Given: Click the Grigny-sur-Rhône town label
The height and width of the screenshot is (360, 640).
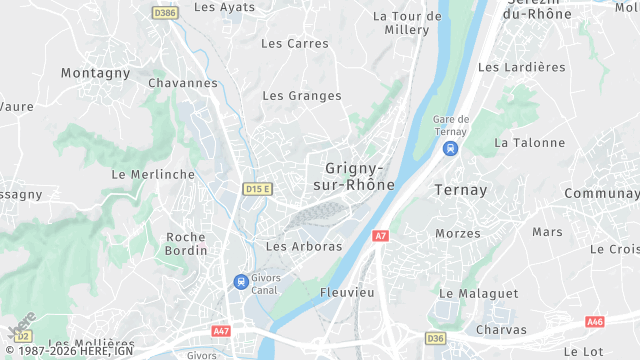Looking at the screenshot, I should pos(360,177).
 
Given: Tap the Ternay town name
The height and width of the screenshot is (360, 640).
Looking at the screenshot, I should pos(461,189).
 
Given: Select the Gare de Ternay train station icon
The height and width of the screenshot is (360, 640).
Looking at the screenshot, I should pos(451,148).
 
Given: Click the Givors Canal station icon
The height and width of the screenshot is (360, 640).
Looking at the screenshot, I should pos(240,282).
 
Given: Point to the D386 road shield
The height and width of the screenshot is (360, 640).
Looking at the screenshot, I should pos(165,13).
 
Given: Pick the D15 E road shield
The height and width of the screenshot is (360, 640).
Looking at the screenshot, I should pos(258,188).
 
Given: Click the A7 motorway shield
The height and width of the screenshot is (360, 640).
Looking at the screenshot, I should pos(380,236).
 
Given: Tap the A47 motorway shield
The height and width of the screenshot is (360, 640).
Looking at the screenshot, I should pos(221,330).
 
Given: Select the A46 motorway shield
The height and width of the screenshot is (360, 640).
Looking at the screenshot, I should pos(595,321).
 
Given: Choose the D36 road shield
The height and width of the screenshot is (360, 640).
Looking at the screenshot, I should pos(436,338).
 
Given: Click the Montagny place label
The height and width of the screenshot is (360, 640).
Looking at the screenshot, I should pos(96,73).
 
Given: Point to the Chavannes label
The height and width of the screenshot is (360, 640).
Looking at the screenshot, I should pos(183,83).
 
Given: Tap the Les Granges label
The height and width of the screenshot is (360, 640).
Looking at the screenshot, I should pos(302,96).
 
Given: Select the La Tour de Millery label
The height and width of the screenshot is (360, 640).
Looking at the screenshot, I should pos(407,23).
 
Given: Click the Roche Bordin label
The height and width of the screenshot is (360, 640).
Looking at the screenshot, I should pos(185,244).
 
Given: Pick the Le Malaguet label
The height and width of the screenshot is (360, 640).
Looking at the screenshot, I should pos(479,293).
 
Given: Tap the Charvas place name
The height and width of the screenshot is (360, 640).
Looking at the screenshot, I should pos(501,329).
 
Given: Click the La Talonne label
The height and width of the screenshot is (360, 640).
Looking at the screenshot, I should pos(530,143).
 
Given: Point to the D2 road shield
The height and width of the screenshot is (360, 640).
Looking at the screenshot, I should pos(23,336).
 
